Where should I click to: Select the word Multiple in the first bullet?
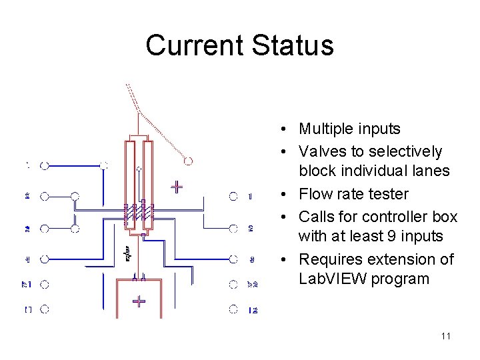pos(325,129)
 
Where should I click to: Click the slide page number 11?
pos(446,336)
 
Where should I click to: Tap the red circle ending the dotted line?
pos(189,161)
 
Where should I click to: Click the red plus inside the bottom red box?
pos(138,301)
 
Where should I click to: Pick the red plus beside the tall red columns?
pos(177,186)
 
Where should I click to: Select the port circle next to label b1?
pos(45,284)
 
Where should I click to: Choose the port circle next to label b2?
pos(233,285)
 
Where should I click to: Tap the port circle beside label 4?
pos(45,259)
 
